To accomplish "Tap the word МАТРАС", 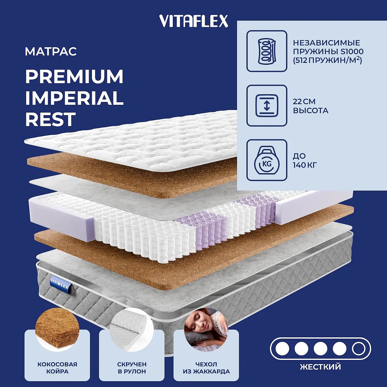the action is tap(51, 51).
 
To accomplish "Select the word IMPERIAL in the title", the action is tap(74, 98).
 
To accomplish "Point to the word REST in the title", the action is tap(51, 119).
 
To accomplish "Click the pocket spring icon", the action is tap(267, 51).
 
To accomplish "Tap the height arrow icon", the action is tap(267, 106).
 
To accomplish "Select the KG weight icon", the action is tap(267, 160).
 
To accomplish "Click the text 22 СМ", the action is tap(304, 102).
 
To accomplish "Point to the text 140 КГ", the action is tap(305, 165).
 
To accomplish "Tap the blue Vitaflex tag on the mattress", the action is tap(60, 284).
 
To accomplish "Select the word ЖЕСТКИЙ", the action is tap(321, 367).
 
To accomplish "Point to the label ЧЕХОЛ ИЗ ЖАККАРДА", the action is tap(206, 368).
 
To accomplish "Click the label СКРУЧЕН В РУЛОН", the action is tap(132, 368).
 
